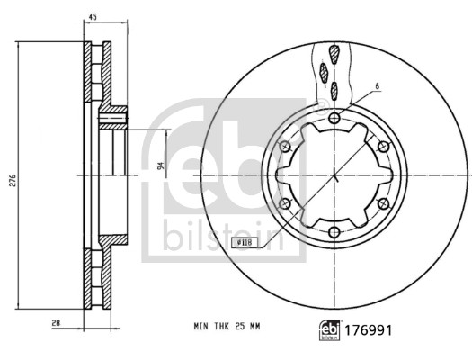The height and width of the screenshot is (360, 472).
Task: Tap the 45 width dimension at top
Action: point(91,15)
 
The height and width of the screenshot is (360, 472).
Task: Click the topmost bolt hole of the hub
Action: point(335,120)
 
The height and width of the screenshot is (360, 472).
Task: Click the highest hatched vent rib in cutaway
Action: point(334,53)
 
